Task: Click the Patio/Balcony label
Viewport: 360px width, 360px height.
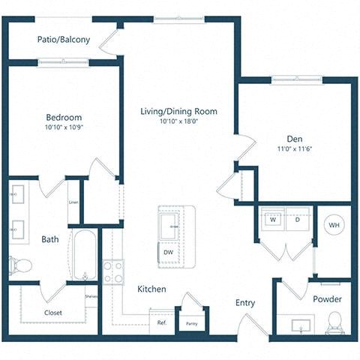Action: click(64, 40)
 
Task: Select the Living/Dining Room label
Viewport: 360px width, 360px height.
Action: click(178, 111)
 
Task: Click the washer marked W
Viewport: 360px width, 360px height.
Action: click(273, 220)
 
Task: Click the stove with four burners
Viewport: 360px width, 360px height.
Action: click(114, 271)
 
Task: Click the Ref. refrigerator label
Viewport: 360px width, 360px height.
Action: click(161, 323)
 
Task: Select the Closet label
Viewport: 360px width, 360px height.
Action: click(53, 312)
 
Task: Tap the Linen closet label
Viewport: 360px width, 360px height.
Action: click(73, 202)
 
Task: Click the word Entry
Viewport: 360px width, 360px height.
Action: click(245, 303)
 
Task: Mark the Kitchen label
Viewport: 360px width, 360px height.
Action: click(151, 289)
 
